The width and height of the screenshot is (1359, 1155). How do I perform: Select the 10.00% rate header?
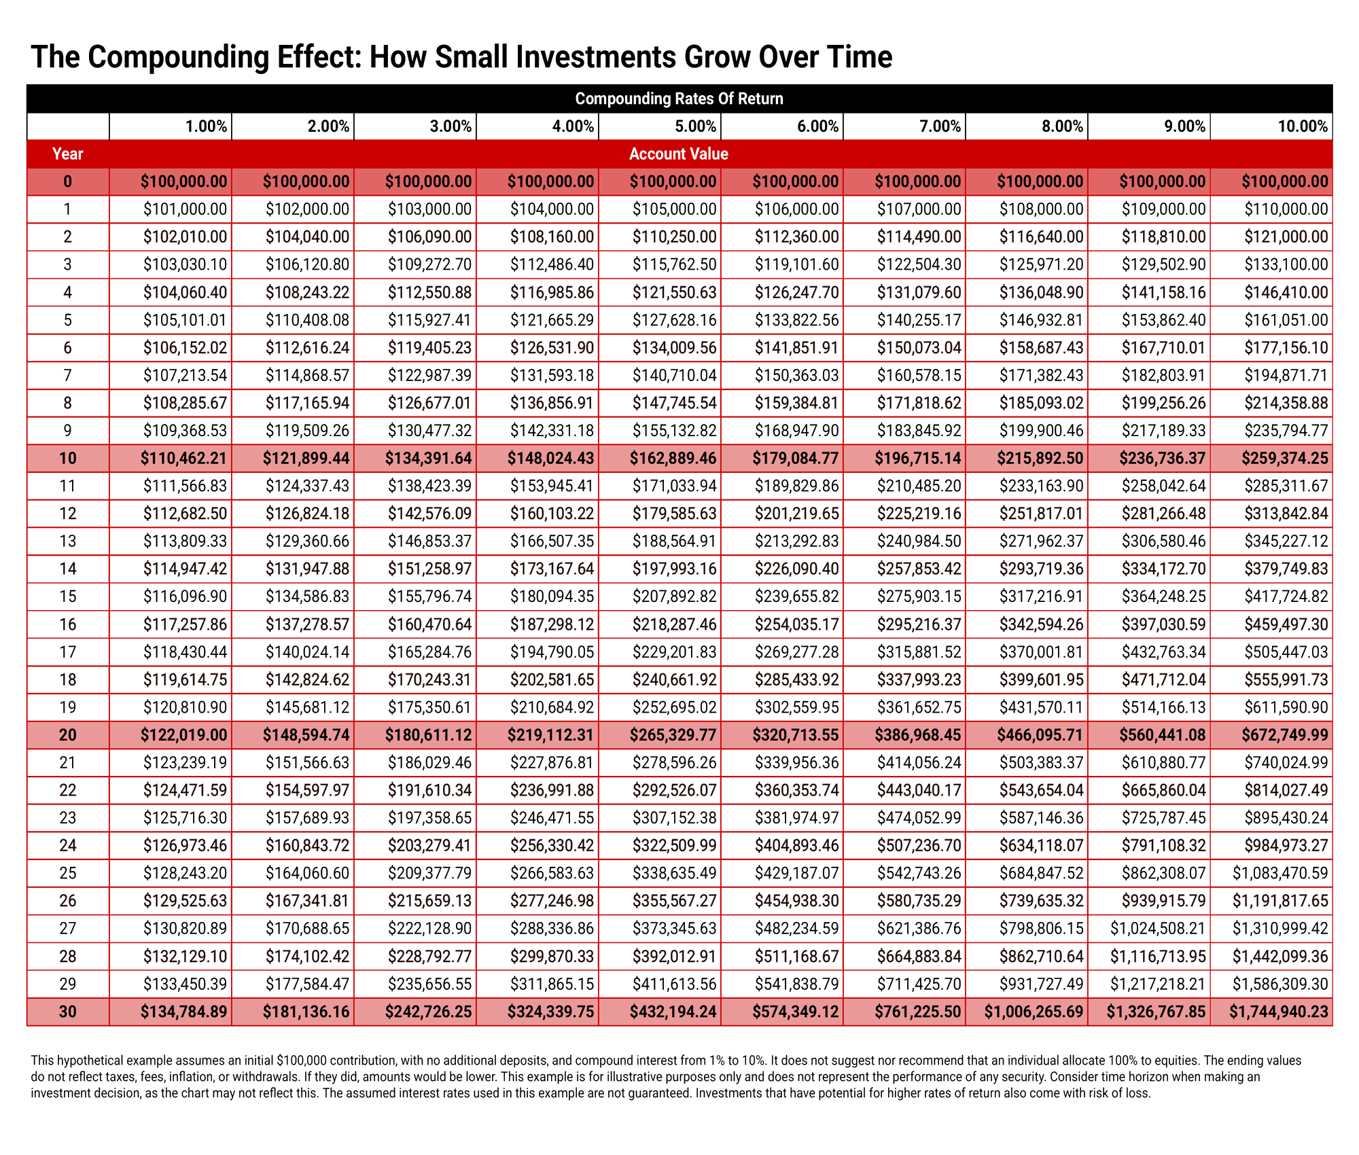click(1303, 126)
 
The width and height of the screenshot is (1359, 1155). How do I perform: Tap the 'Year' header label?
click(68, 154)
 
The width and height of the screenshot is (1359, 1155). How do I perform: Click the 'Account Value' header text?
click(679, 154)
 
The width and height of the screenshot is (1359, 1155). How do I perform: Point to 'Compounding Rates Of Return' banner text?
click(679, 99)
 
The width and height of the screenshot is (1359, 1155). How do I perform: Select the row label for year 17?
click(68, 652)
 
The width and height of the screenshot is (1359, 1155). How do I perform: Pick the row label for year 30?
click(68, 1012)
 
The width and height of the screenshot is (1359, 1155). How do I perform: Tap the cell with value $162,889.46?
click(673, 459)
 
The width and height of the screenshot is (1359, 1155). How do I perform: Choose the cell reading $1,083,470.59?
click(1281, 873)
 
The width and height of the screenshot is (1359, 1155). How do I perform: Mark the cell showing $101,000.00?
click(185, 209)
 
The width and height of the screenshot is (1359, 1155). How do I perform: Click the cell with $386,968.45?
click(918, 735)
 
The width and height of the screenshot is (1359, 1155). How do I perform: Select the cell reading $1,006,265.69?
click(1034, 1012)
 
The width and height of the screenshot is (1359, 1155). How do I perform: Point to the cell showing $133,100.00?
click(1286, 264)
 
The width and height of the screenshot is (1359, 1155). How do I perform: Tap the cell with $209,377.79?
click(429, 873)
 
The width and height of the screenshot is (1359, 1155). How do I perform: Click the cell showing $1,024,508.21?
click(1159, 929)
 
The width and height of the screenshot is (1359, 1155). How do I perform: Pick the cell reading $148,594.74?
click(306, 735)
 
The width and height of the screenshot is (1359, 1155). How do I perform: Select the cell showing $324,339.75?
click(551, 1012)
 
